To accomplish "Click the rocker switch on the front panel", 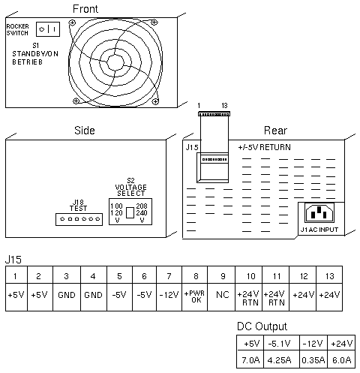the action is pos(48,29).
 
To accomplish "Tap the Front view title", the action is pos(85,9).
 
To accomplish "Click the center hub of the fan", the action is pos(115,62).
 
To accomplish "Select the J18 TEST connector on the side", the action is pos(79,219).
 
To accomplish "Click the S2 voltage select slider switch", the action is pos(130,212).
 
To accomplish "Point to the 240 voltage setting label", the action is pos(142,213).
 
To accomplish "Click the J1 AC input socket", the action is pos(319,213).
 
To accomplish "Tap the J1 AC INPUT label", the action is pos(319,230).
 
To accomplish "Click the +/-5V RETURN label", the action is pos(264,147).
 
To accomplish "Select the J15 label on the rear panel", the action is pos(192,147).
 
